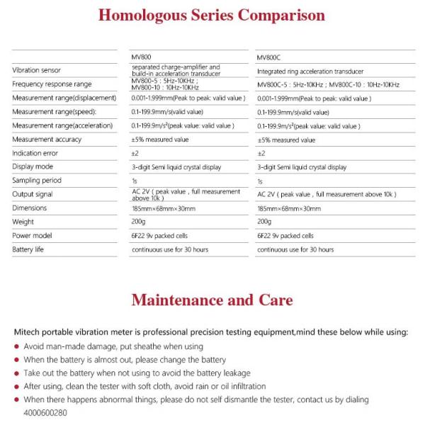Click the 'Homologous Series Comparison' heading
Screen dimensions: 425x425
pyautogui.click(x=212, y=16)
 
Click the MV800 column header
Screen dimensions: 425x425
pyautogui.click(x=142, y=56)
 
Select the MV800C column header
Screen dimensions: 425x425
pyautogui.click(x=269, y=56)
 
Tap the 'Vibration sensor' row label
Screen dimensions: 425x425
pyautogui.click(x=36, y=70)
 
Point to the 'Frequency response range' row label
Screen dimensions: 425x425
pyautogui.click(x=52, y=84)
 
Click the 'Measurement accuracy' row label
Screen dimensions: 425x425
pyautogui.click(x=47, y=140)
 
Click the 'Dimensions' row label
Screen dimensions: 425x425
pyautogui.click(x=30, y=208)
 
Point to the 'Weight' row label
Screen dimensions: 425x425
pyautogui.click(x=23, y=222)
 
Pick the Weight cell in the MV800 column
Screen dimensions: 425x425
pyautogui.click(x=139, y=222)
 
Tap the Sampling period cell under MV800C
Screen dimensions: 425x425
pyautogui.click(x=260, y=181)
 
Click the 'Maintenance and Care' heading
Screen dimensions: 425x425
pyautogui.click(x=212, y=300)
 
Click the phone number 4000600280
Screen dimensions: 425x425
pyautogui.click(x=45, y=412)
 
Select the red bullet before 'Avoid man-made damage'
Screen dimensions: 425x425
pyautogui.click(x=17, y=347)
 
